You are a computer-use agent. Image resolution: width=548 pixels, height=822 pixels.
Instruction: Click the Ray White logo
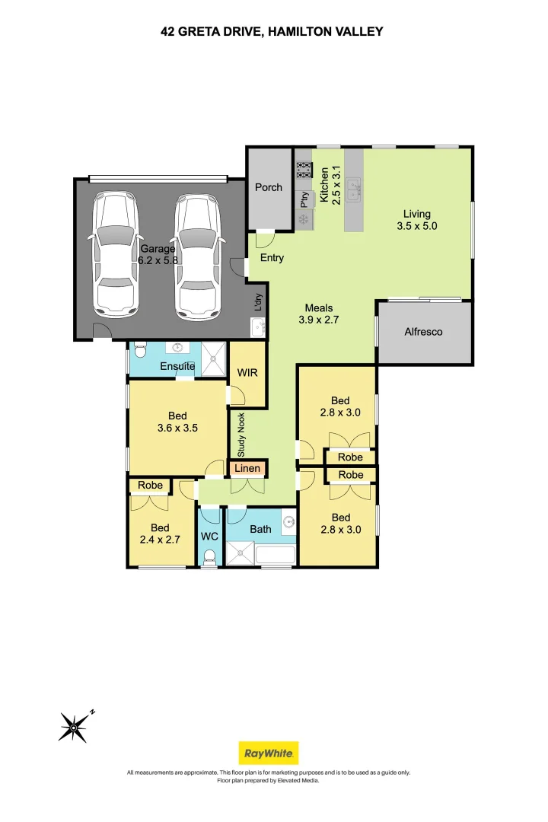(x=269, y=753)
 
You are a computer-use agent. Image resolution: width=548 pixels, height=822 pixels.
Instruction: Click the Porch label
(x=269, y=187)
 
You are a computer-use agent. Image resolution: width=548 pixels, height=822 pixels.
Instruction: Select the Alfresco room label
(x=423, y=332)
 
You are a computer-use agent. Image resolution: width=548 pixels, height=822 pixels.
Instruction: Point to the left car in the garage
(x=116, y=256)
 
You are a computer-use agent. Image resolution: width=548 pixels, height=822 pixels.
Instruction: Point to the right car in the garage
(x=196, y=256)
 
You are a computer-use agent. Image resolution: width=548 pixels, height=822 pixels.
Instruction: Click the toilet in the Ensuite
(x=139, y=351)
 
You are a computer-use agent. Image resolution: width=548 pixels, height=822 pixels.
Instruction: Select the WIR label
(x=247, y=374)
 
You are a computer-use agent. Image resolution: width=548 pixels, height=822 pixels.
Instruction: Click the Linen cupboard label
(x=248, y=469)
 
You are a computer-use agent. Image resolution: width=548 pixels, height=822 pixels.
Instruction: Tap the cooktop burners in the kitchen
(x=304, y=169)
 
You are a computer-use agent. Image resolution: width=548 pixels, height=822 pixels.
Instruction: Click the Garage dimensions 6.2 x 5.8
(x=158, y=260)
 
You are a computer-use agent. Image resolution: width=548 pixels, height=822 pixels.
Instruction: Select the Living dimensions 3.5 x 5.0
(x=417, y=226)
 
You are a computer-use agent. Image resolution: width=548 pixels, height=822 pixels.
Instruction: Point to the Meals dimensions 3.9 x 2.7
(x=319, y=320)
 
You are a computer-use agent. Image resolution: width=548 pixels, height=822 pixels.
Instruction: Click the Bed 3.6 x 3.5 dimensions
(x=177, y=429)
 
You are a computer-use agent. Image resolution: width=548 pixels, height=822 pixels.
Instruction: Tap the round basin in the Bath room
(x=288, y=521)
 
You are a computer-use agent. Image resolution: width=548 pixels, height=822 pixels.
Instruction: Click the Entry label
(x=272, y=258)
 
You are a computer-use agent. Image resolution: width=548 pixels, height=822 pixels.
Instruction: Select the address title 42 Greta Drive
(x=272, y=31)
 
